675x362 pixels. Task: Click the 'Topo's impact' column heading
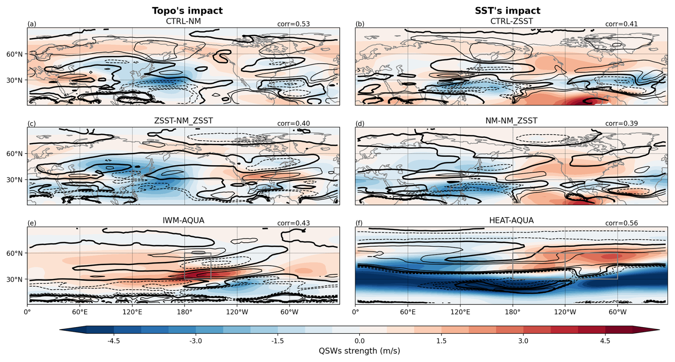pos(187,11)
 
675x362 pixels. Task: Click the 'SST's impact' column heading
pos(507,11)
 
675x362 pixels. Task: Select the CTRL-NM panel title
pos(183,21)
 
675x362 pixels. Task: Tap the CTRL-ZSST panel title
pos(511,21)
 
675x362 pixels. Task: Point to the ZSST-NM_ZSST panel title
pos(183,121)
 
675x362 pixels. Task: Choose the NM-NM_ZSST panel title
pos(511,121)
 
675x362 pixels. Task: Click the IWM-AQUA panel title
pos(183,221)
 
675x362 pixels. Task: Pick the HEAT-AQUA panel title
pos(511,221)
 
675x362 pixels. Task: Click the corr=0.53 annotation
pos(293,24)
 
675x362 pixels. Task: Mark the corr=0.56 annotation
pos(621,223)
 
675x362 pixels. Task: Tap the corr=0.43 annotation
pos(293,223)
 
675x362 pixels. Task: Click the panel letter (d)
pos(360,124)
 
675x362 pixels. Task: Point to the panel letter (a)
pos(32,24)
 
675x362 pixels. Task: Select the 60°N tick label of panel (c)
pos(14,154)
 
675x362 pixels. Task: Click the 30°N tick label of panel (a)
pos(14,81)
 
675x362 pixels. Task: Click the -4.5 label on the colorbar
pos(114,341)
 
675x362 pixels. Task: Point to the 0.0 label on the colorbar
pos(360,341)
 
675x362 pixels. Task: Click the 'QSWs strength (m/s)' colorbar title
pos(359,351)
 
